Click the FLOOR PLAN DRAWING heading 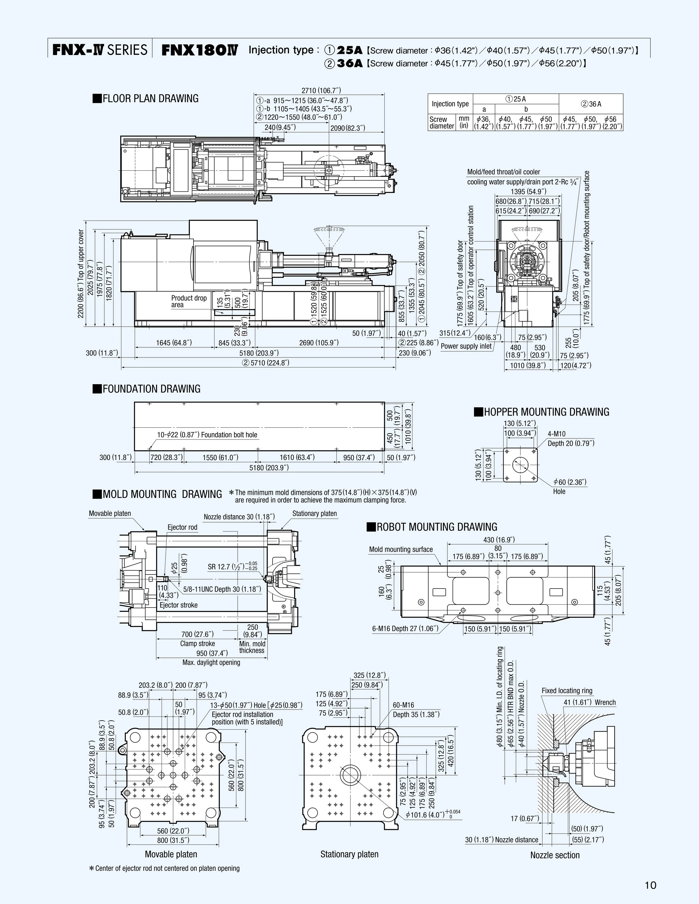point(146,99)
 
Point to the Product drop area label point(188,301)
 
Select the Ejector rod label point(182,527)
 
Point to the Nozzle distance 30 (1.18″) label point(239,517)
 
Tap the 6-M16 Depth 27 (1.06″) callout point(405,628)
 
